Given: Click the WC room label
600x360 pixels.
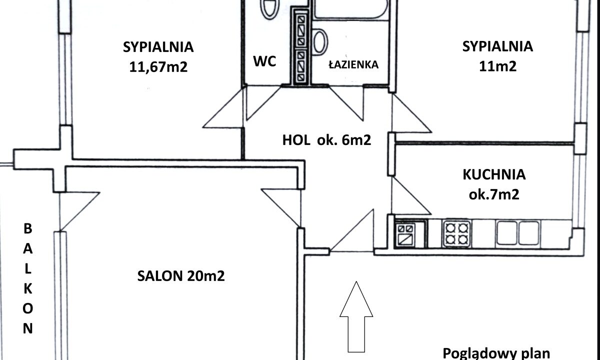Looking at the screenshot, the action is coord(264,61).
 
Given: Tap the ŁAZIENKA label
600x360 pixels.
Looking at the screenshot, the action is coord(353,64).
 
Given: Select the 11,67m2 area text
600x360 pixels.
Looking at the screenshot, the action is coord(158,67).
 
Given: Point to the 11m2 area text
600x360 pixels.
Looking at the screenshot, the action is coord(497,66).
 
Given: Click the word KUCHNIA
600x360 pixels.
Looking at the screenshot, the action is coord(494,174).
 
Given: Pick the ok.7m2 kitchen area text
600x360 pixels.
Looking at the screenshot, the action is coord(494,194).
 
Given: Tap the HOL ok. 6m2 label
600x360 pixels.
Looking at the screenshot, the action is coord(327,140).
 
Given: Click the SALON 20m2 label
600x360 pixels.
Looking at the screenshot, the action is coord(181,276).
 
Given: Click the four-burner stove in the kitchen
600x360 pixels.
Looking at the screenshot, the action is coord(457,233).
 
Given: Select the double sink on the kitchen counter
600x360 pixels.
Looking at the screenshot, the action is coord(518,233).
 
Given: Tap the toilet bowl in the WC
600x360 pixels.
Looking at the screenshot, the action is coord(270,9).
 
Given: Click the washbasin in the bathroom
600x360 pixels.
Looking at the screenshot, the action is coord(320,42).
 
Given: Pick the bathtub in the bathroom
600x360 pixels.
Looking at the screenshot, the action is coord(351,9).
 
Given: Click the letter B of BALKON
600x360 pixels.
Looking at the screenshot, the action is coord(28,229).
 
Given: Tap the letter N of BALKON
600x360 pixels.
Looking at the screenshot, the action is coord(28,328).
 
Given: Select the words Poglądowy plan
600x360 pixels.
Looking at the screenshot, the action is coord(496,354).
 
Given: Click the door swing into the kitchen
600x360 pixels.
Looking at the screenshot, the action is coord(411,196).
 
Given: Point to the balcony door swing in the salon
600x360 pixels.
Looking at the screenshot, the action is coord(79,211).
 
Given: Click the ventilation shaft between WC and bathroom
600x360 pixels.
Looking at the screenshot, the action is coord(301,47).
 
